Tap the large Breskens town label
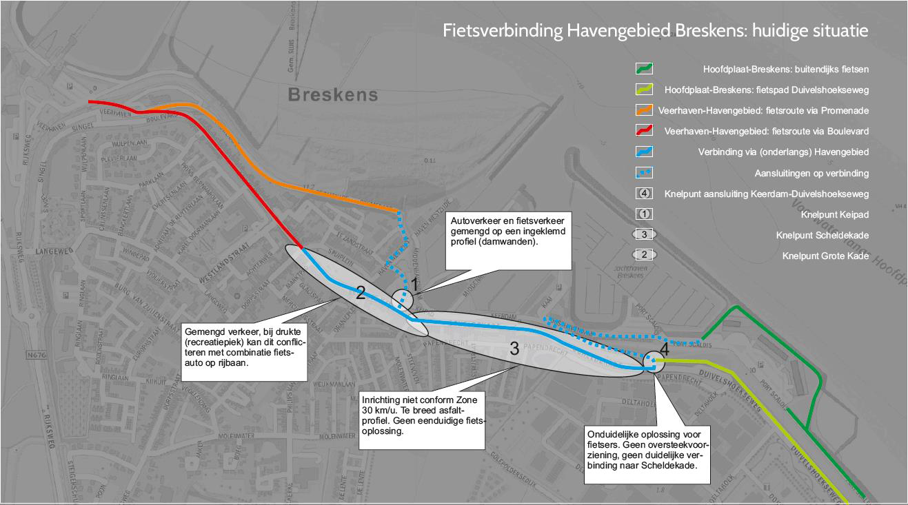(333, 94)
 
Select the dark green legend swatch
(644, 69)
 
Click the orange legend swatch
(644, 110)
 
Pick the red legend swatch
(644, 131)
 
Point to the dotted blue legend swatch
(644, 173)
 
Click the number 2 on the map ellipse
(360, 293)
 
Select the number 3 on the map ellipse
(514, 349)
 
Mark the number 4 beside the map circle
(664, 349)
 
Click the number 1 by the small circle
(414, 283)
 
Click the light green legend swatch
(644, 90)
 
